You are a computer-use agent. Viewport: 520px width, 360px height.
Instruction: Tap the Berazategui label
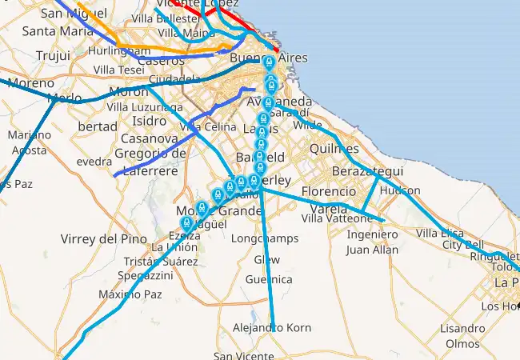[367, 172]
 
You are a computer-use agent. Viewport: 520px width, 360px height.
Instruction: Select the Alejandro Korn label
[272, 328]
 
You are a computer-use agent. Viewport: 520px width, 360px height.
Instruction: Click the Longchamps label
[264, 238]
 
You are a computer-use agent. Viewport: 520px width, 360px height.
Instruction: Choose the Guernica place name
[269, 279]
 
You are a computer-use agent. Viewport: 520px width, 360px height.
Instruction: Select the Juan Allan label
[372, 250]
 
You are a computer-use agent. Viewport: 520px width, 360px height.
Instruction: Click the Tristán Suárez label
[161, 261]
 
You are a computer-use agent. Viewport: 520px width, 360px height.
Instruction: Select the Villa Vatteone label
[337, 218]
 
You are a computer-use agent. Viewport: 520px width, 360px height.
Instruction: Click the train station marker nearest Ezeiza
[187, 223]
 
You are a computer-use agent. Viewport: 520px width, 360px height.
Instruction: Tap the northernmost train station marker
[270, 63]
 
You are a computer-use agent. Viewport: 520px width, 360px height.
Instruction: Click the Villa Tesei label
[118, 70]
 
